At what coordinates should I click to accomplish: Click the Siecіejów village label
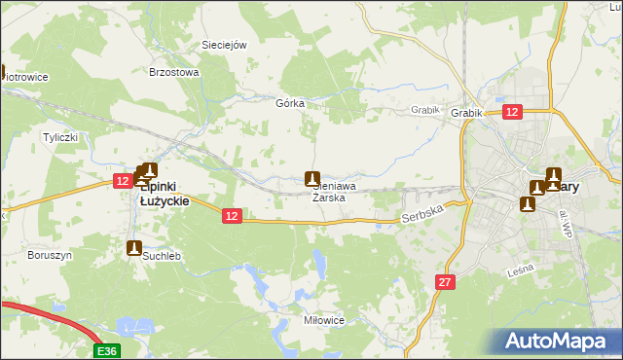click(224, 45)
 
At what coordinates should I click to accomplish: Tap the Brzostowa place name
click(173, 72)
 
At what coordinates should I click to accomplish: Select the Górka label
click(290, 103)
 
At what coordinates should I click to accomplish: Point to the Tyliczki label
click(59, 137)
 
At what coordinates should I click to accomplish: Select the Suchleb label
click(163, 256)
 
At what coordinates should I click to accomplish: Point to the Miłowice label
click(324, 319)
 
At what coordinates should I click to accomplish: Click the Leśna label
click(523, 273)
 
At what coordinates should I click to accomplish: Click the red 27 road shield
click(445, 281)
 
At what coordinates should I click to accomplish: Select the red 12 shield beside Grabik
click(513, 112)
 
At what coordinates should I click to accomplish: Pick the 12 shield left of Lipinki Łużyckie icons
click(123, 181)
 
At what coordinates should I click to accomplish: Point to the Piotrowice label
click(24, 77)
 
